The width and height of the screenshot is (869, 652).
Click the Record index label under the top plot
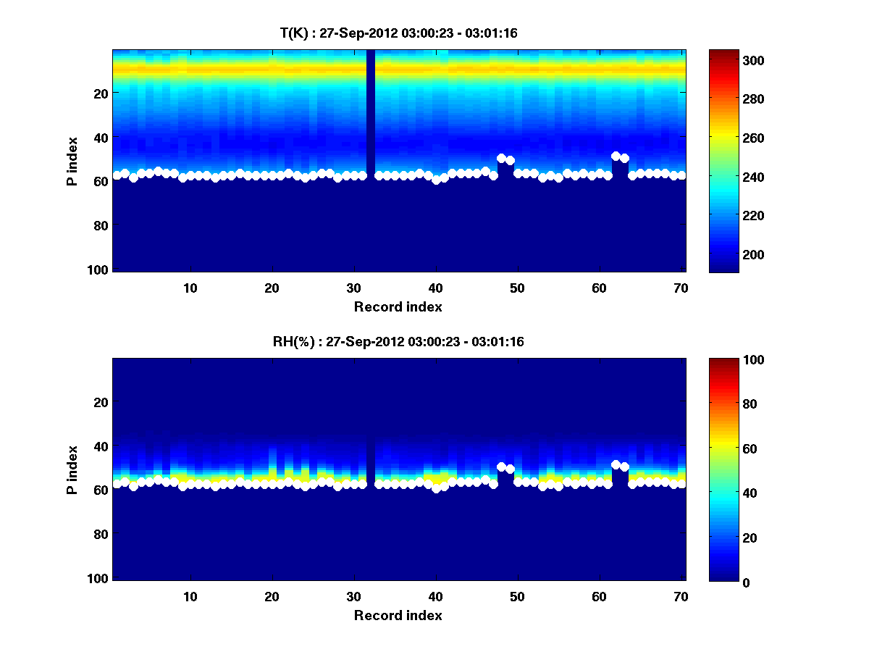[x=398, y=307]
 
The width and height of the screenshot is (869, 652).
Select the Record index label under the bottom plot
[x=398, y=616]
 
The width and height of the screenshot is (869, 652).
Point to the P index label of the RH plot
[x=72, y=470]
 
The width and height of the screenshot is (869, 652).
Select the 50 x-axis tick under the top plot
[x=517, y=288]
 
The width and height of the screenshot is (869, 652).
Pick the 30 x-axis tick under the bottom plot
[x=353, y=596]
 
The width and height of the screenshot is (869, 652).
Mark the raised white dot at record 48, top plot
[x=501, y=158]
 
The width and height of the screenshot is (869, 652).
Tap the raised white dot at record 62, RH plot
[x=616, y=464]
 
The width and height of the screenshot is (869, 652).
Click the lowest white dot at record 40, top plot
[x=436, y=180]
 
